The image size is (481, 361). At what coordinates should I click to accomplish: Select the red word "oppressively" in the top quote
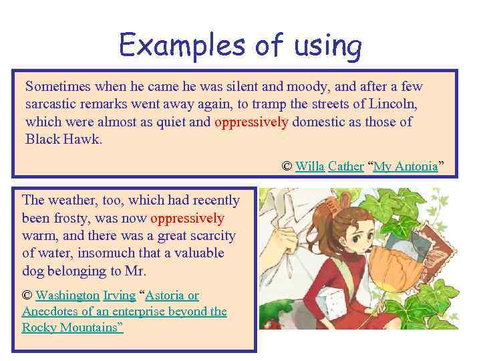coord(251,122)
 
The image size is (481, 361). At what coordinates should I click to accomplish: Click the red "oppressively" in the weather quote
coord(187,218)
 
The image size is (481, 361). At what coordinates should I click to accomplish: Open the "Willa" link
coord(310,166)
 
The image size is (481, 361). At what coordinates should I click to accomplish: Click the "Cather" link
coord(346,166)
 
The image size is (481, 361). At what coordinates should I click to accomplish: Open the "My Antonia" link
coord(405,166)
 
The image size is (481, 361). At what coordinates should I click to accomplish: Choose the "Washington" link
coord(67,295)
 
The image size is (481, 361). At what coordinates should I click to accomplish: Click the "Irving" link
coord(120,295)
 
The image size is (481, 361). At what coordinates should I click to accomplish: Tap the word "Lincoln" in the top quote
coord(395,104)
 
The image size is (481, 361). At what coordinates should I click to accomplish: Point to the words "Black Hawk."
coord(64,139)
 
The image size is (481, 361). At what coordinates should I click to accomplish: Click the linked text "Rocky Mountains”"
coord(72,328)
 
